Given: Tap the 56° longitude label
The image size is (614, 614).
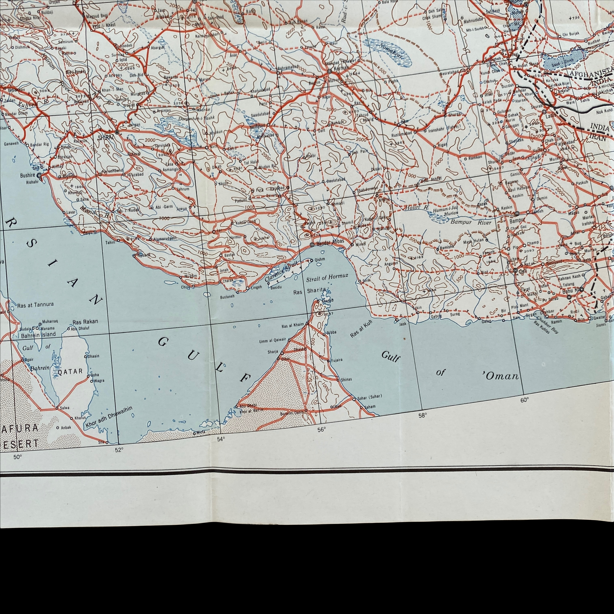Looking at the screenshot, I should click(x=321, y=430).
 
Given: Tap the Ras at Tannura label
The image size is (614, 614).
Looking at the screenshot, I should click(x=35, y=304).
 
